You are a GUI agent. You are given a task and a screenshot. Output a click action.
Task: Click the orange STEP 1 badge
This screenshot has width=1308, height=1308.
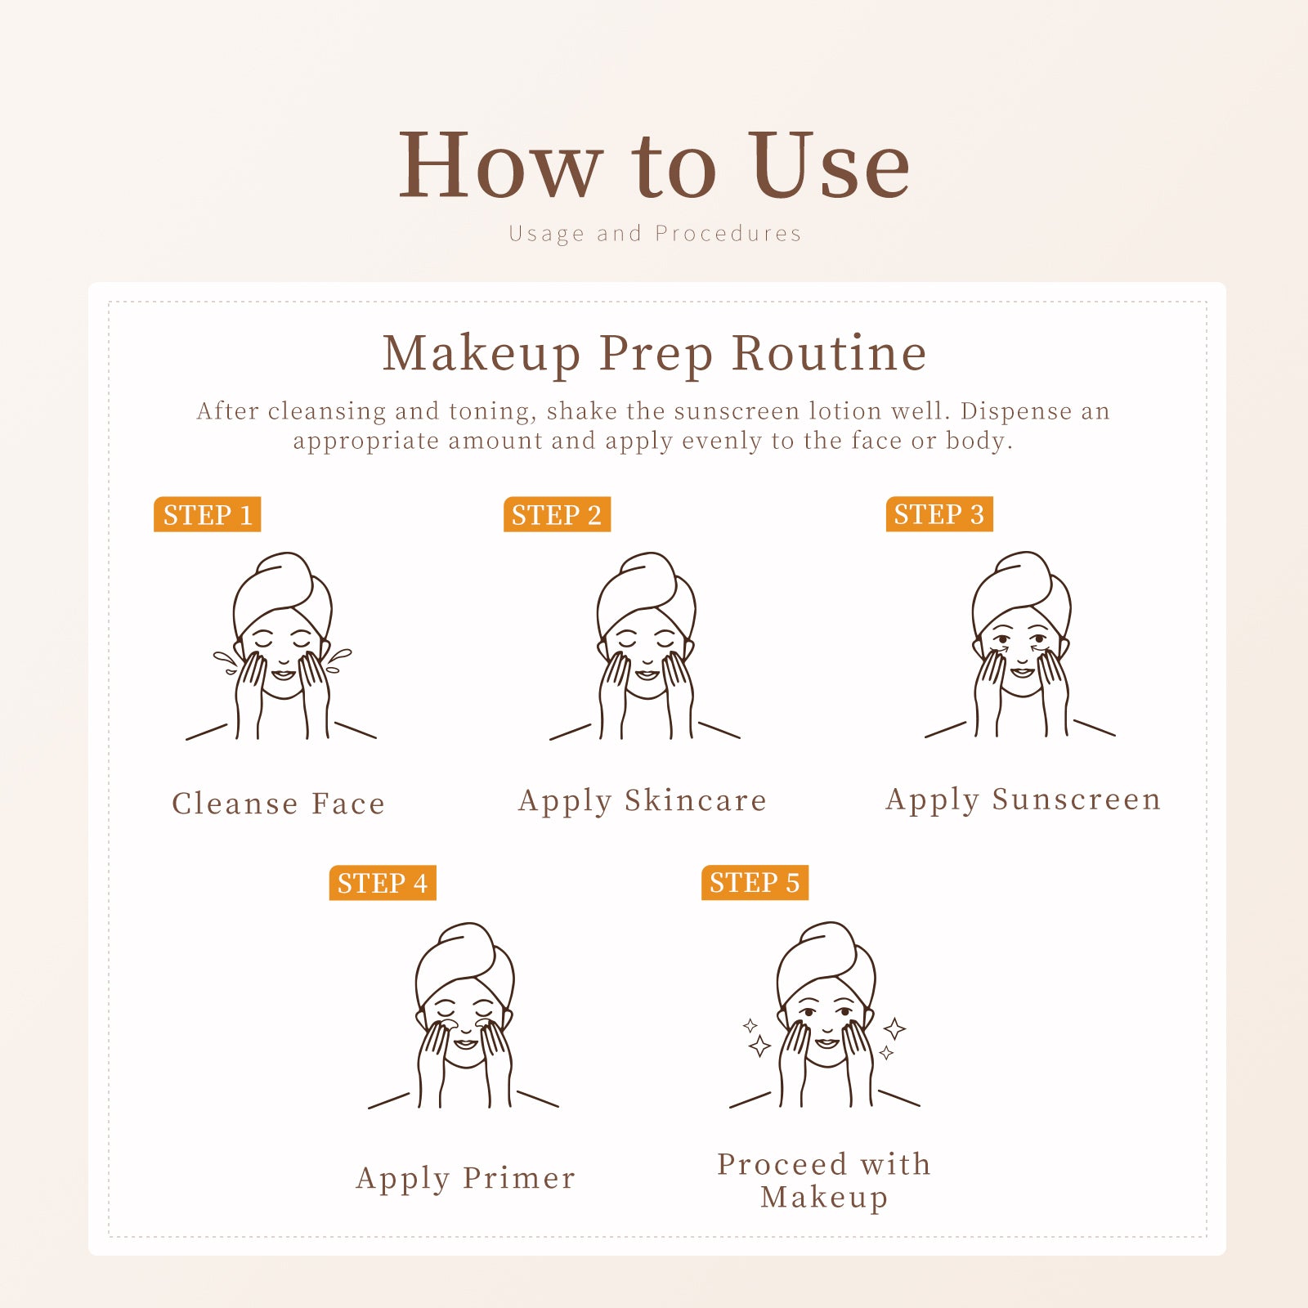(207, 514)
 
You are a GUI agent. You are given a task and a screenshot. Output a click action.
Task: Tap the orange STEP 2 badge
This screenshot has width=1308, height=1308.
(557, 514)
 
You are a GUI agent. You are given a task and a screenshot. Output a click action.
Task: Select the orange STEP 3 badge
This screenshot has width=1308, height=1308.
(939, 513)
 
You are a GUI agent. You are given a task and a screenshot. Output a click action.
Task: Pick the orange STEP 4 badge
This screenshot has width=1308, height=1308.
(383, 883)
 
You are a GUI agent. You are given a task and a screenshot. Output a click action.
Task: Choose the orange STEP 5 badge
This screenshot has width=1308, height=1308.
(755, 882)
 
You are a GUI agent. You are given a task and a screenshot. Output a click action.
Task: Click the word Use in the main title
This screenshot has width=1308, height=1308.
(829, 165)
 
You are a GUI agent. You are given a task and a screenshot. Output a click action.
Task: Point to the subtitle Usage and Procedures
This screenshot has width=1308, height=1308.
(655, 234)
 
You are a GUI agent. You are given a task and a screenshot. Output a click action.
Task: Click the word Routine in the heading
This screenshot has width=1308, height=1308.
(829, 353)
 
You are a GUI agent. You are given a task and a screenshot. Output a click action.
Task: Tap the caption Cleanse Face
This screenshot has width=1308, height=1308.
(278, 804)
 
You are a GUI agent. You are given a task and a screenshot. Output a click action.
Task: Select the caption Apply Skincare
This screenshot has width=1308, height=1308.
(643, 801)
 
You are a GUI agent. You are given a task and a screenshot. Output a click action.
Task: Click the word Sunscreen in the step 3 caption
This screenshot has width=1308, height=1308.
(1076, 799)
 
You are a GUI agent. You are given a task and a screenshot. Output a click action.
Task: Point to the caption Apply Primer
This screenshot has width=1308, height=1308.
(466, 1179)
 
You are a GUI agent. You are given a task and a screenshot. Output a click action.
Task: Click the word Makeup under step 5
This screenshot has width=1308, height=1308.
(824, 1198)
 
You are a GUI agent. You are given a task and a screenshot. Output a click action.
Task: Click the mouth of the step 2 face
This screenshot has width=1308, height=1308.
(647, 675)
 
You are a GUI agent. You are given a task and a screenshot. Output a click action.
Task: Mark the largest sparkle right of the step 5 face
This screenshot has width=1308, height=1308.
(895, 1028)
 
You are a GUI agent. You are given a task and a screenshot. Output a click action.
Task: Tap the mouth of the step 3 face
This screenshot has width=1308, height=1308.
(1022, 673)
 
